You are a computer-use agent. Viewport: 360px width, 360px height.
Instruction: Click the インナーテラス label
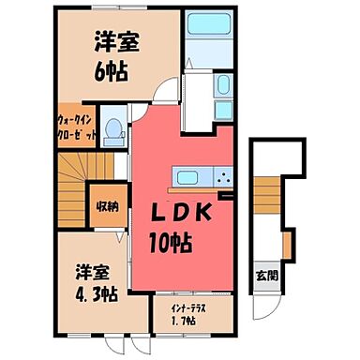pos(189,308)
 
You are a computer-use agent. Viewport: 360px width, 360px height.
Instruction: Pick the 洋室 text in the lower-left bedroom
pos(96,269)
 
